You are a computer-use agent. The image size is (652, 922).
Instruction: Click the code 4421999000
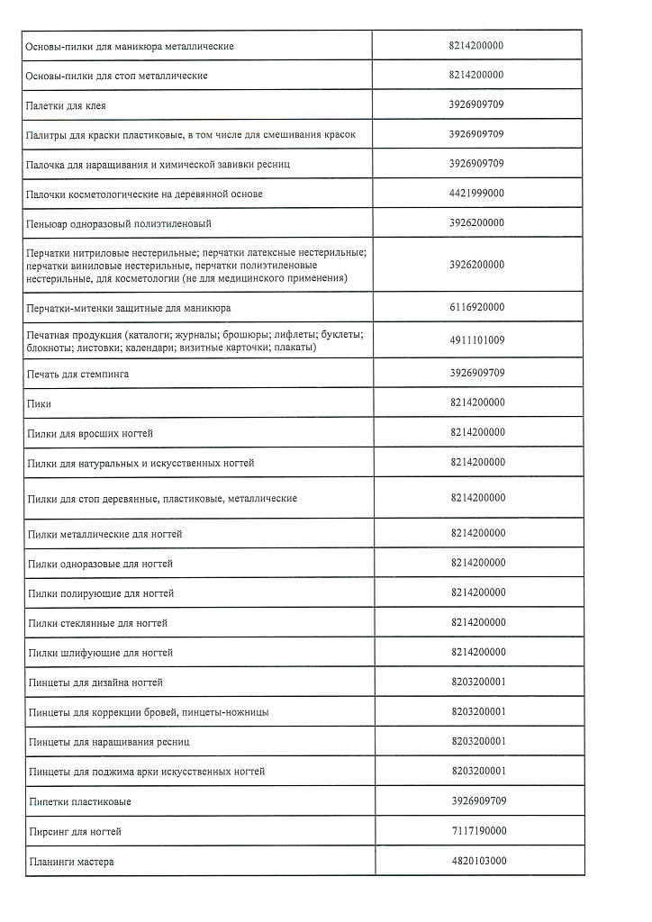pyautogui.click(x=476, y=194)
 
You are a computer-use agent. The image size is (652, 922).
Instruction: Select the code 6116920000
pyautogui.click(x=476, y=307)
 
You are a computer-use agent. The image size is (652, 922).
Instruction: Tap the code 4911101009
pyautogui.click(x=476, y=340)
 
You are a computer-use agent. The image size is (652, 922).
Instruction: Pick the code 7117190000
pyautogui.click(x=476, y=831)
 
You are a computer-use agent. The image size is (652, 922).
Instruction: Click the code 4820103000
pyautogui.click(x=476, y=861)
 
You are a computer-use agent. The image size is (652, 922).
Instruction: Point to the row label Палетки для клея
pyautogui.click(x=67, y=105)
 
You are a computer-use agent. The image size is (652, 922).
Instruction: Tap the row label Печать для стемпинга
pyautogui.click(x=78, y=374)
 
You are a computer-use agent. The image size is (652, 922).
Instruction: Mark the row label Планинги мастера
pyautogui.click(x=71, y=862)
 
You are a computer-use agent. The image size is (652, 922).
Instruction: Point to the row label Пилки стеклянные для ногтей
pyautogui.click(x=98, y=623)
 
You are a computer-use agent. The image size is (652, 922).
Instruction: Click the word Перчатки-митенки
pyautogui.click(x=68, y=307)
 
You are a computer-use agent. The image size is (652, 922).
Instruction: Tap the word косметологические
pyautogui.click(x=112, y=194)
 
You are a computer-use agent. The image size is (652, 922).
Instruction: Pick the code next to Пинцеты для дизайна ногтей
pyautogui.click(x=476, y=682)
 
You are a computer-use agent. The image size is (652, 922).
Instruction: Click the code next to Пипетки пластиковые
pyautogui.click(x=476, y=801)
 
